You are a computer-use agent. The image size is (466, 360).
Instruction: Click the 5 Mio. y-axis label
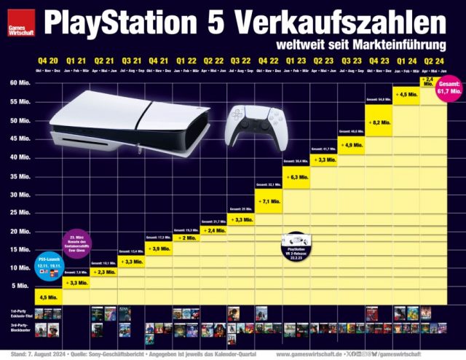22,286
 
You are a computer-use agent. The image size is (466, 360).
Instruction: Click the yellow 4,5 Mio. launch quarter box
49,297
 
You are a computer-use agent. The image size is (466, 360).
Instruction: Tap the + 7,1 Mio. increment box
269,200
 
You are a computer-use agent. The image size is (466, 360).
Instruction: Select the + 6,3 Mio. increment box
296,177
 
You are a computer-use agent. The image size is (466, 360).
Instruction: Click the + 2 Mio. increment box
186,238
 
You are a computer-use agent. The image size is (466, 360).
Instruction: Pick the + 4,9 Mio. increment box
350,146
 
